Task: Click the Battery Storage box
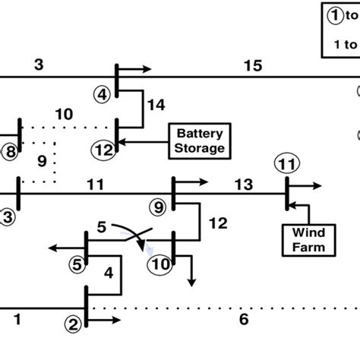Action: coord(201,141)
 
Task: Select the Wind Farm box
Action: coord(305,239)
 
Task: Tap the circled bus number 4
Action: coord(103,95)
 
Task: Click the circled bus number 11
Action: coord(286,163)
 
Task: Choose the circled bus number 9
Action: coord(158,205)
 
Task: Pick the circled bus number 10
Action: coord(160,264)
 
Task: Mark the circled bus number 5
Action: coord(76,264)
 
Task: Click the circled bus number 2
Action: coord(73,324)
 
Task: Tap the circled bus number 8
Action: coord(8,152)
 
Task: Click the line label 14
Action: coord(156,106)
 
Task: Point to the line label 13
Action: coord(243,185)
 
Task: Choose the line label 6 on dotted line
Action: coord(243,320)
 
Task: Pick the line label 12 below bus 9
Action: coord(218,223)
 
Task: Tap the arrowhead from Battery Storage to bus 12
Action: coord(125,141)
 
